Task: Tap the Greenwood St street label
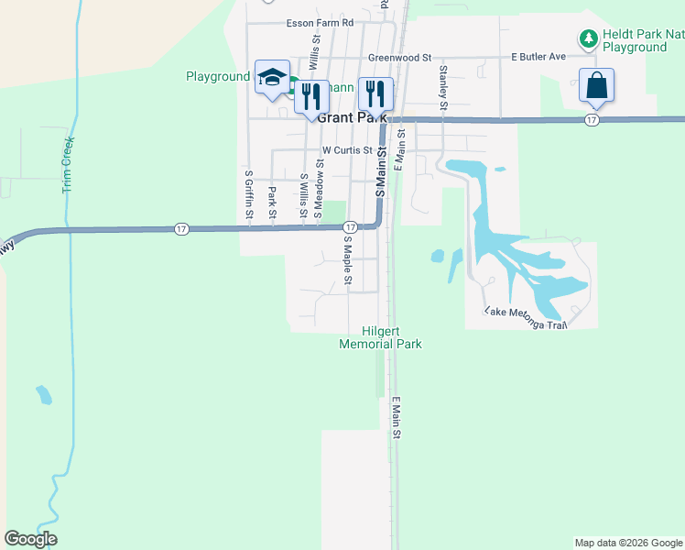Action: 399,57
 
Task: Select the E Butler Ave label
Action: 538,57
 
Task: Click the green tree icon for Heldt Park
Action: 587,38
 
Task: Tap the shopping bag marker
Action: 596,86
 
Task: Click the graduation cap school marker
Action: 272,78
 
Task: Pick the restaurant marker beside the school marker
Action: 311,96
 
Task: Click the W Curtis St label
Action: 347,150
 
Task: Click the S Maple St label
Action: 348,261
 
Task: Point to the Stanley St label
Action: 443,87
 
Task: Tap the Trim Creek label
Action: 67,164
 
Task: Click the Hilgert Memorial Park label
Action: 380,337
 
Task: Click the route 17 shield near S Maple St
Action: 350,226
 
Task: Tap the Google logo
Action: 31,539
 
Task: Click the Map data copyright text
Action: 628,543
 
